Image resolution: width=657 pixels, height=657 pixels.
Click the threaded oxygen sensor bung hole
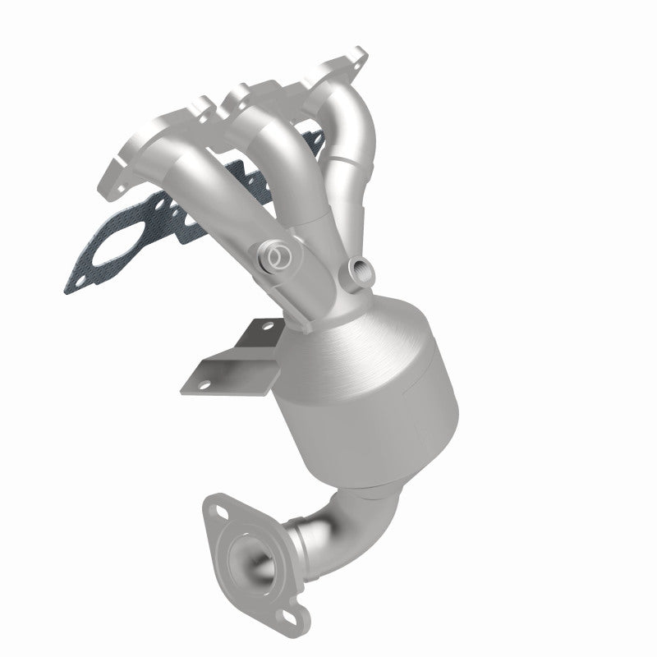(x=359, y=268)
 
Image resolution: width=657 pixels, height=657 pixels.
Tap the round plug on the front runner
(x=278, y=258)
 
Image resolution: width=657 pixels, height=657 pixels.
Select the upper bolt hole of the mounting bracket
(x=264, y=328)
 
